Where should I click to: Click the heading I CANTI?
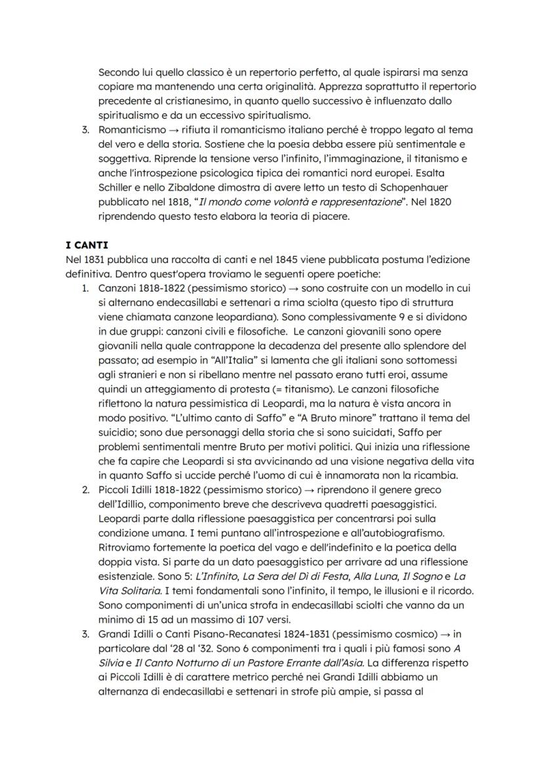pos(87,245)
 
